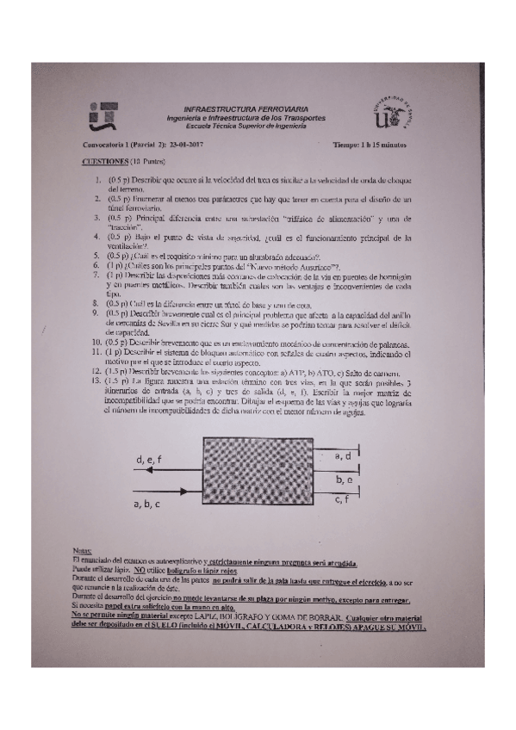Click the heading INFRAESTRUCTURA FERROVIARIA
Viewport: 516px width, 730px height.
246,110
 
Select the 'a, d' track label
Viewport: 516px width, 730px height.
342,455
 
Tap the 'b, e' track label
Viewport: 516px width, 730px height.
344,478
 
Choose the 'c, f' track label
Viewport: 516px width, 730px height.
342,498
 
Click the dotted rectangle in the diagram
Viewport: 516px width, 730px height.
264,478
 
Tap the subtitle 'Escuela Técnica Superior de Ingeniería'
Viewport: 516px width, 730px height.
246,124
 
